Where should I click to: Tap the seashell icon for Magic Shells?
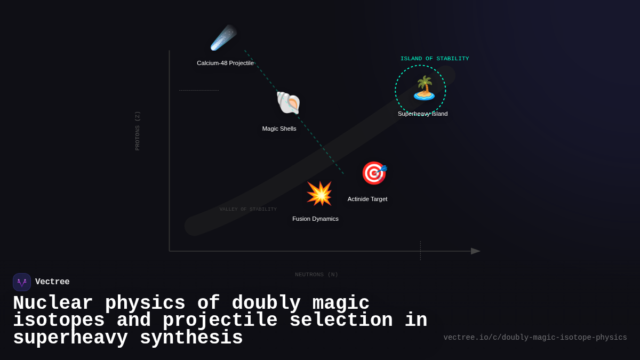click(x=288, y=102)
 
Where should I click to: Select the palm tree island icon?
click(x=424, y=89)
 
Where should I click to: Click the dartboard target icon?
click(x=374, y=173)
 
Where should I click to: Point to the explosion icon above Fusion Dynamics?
click(x=319, y=193)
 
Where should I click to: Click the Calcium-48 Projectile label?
click(x=225, y=63)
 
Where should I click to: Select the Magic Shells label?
click(x=279, y=129)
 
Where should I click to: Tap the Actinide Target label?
click(x=367, y=199)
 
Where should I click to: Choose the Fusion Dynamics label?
click(x=315, y=219)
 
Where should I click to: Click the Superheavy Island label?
click(x=422, y=114)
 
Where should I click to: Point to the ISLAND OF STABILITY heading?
click(x=435, y=59)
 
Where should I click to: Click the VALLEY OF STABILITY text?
click(x=248, y=209)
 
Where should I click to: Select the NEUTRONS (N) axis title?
click(x=316, y=275)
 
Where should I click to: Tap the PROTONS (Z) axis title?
click(x=138, y=131)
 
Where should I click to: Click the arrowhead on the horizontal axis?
click(x=475, y=251)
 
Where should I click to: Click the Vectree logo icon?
click(x=22, y=282)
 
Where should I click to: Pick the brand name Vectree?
click(x=52, y=282)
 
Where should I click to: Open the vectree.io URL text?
click(x=535, y=338)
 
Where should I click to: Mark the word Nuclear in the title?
click(x=53, y=303)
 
